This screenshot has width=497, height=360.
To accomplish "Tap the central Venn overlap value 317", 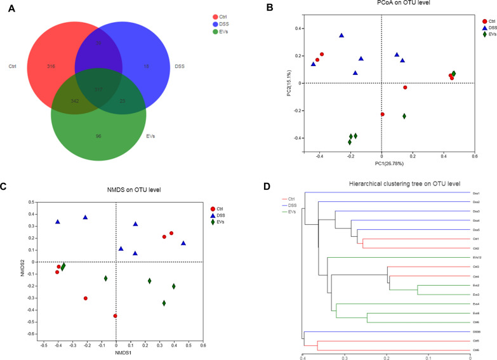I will pos(99,88).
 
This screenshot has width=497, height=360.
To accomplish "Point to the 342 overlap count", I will pos(74,102).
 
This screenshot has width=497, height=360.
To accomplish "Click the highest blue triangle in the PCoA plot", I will pos(341,36).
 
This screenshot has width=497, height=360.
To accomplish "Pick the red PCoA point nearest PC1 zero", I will pos(382,114).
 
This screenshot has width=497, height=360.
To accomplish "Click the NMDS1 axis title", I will pos(116,352).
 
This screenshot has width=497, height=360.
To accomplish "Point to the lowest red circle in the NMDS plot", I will pos(116,316).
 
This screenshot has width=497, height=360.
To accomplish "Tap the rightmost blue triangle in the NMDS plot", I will pos(183,243).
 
